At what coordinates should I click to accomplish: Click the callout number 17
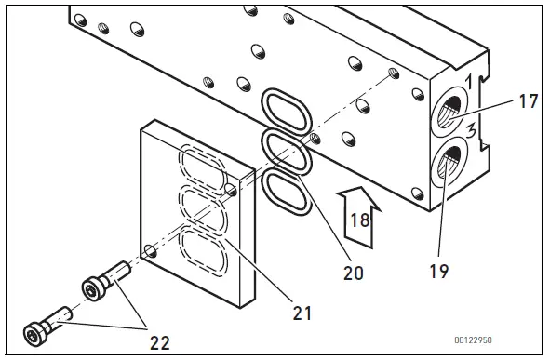(528, 100)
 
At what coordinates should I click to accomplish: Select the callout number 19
(440, 272)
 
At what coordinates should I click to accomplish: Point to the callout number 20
(353, 273)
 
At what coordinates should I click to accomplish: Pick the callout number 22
(161, 341)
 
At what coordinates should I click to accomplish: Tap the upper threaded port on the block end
(450, 114)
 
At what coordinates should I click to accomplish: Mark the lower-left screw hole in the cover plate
(150, 248)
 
